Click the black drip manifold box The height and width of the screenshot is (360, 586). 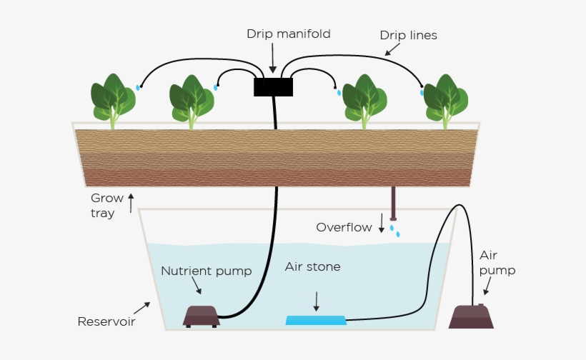(x=273, y=87)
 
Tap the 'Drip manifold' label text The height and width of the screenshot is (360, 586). (x=279, y=34)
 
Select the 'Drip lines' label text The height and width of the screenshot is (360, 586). (x=408, y=34)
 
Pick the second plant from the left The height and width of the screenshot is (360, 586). (x=191, y=100)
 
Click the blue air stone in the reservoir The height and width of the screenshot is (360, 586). (x=316, y=319)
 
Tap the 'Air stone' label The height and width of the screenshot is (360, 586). (x=312, y=267)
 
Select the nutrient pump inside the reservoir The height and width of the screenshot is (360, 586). (x=202, y=316)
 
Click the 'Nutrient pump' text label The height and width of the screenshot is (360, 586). (x=206, y=271)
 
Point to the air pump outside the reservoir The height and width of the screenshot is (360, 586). (x=472, y=316)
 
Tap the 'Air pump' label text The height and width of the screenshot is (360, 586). (x=497, y=263)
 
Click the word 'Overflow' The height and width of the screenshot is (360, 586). (x=344, y=227)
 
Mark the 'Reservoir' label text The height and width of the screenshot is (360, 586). (x=106, y=321)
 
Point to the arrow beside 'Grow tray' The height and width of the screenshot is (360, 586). (x=131, y=203)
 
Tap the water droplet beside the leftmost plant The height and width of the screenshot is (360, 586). (x=138, y=87)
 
